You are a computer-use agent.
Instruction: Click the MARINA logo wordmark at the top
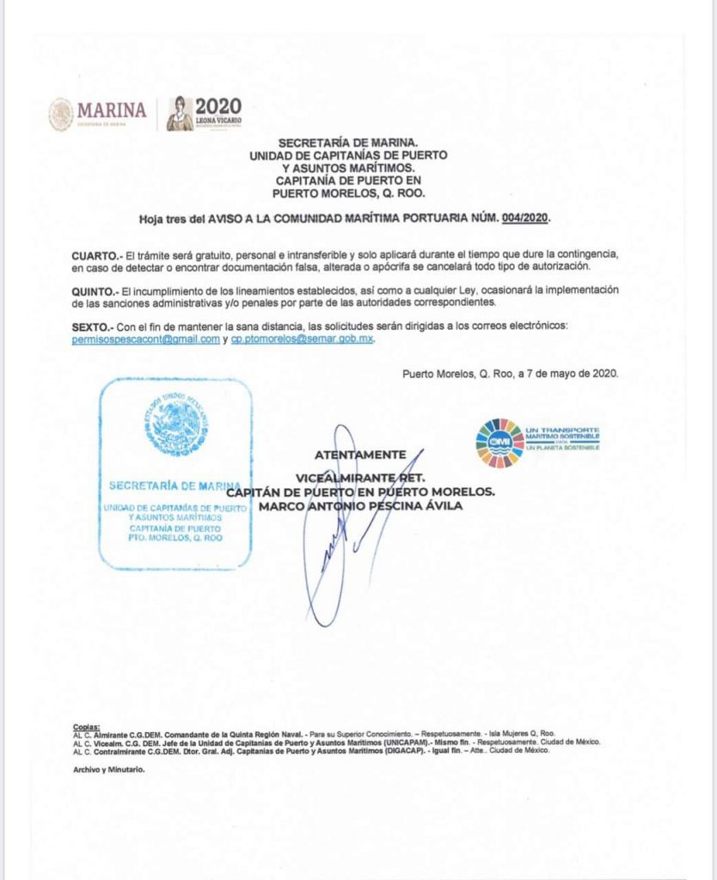click(x=112, y=110)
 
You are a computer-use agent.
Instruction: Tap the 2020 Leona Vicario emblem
click(x=205, y=113)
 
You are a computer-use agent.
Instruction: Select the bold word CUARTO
click(x=95, y=255)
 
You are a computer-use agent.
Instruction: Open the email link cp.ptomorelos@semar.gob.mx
click(x=303, y=339)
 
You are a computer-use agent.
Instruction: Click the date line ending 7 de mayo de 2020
click(x=510, y=374)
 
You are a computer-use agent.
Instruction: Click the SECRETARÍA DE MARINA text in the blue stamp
click(x=175, y=486)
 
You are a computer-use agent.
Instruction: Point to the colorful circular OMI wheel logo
click(x=499, y=443)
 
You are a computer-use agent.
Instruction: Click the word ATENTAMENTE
click(x=360, y=455)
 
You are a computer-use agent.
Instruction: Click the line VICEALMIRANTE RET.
click(x=360, y=476)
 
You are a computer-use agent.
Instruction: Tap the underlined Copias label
click(x=87, y=727)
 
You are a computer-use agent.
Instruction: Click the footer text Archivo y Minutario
click(x=109, y=769)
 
